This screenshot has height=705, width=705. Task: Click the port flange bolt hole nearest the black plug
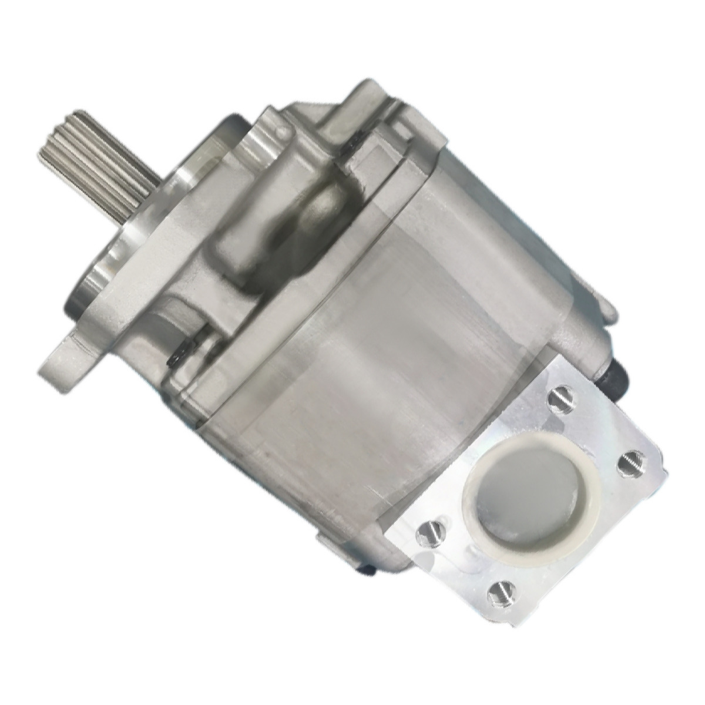(559, 398)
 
